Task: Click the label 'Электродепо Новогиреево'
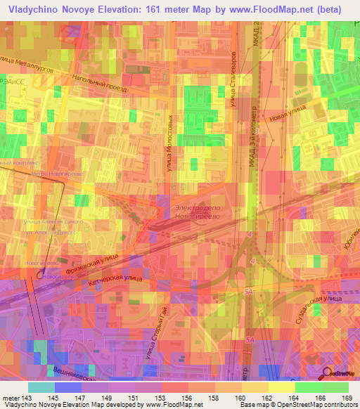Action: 198,213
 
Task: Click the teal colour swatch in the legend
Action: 41,387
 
